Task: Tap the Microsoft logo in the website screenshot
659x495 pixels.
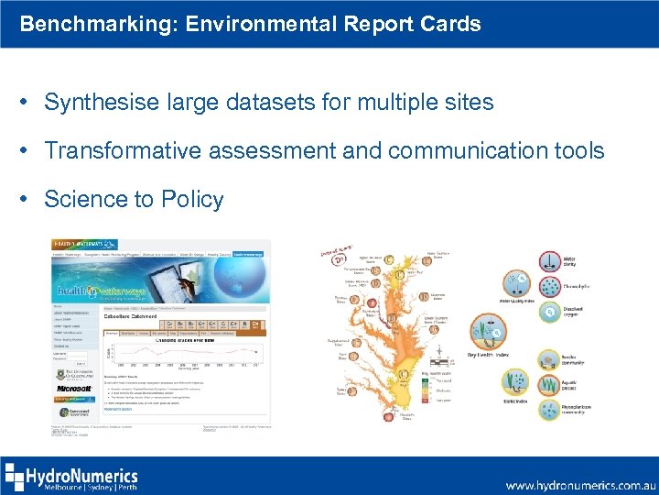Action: (x=74, y=389)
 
